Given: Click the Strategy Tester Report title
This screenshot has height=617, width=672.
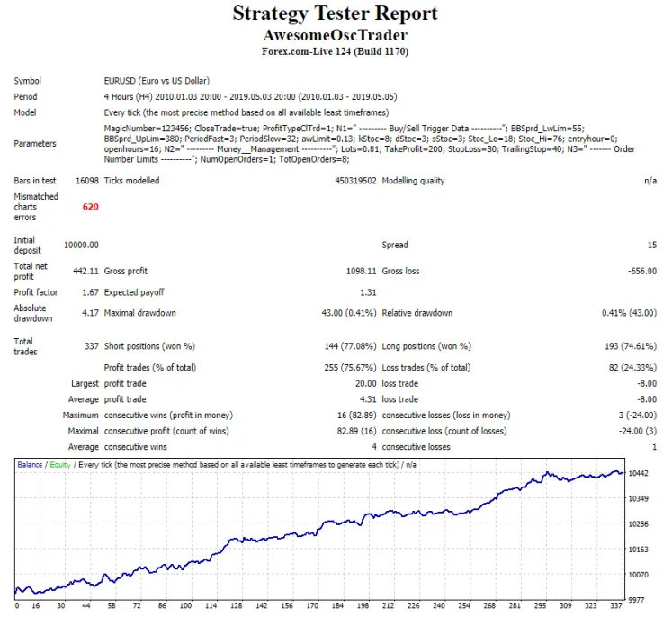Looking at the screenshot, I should pyautogui.click(x=336, y=13).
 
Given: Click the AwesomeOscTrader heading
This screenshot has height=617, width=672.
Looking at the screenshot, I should pyautogui.click(x=336, y=36).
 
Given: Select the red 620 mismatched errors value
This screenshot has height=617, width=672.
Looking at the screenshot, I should pyautogui.click(x=91, y=207).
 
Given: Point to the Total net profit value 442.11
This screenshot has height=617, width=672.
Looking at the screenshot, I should pyautogui.click(x=85, y=271).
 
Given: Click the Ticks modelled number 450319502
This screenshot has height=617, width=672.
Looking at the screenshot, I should pyautogui.click(x=345, y=181).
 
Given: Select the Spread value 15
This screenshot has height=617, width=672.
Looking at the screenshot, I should pyautogui.click(x=650, y=245).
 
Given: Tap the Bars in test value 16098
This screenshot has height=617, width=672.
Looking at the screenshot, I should pyautogui.click(x=85, y=181).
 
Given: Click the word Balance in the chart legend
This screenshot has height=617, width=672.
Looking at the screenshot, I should pyautogui.click(x=30, y=465).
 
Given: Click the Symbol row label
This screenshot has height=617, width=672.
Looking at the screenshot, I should pyautogui.click(x=28, y=81).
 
